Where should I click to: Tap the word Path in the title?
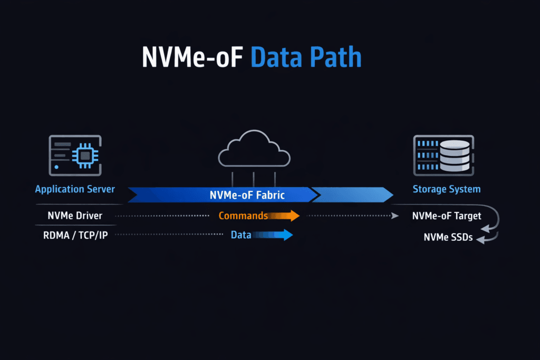(336, 57)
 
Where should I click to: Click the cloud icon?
(254, 149)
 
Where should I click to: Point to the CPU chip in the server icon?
(84, 155)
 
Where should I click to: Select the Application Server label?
(75, 189)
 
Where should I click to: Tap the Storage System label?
(446, 189)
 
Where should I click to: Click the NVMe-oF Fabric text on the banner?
(247, 195)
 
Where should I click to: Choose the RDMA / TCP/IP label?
(75, 235)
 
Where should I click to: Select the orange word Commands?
(243, 216)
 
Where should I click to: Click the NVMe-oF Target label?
(447, 216)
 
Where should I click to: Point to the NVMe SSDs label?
(448, 238)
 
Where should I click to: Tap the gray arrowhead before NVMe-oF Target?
(395, 216)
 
